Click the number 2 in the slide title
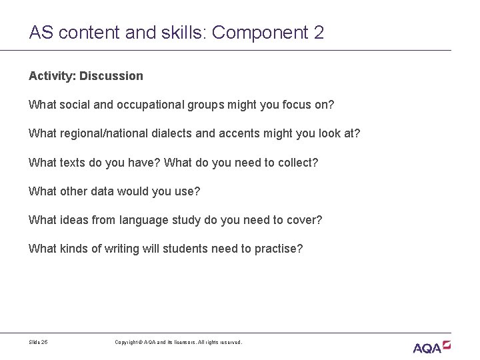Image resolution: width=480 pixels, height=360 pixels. pos(317,32)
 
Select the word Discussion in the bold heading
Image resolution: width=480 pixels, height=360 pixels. pos(111,76)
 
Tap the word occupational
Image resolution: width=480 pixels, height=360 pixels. pos(145,105)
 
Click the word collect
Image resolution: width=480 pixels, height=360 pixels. pos(299,163)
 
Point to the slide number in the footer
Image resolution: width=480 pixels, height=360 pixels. pos(38,342)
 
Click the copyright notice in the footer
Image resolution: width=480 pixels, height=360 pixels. pos(179,342)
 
